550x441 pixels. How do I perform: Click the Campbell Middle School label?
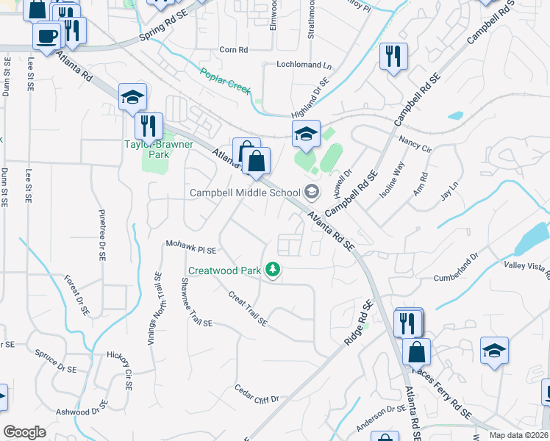245,193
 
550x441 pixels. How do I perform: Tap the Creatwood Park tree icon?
273,270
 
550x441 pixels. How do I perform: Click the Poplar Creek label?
226,80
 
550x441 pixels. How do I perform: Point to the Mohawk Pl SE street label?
191,246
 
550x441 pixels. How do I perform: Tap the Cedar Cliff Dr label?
257,394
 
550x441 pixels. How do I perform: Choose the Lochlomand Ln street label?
304,65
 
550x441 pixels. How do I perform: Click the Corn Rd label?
234,50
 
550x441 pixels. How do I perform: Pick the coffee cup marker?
47,35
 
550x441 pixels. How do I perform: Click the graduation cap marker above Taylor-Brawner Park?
133,96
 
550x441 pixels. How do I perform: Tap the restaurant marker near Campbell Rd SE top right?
393,55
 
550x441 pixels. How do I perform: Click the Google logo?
24,432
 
